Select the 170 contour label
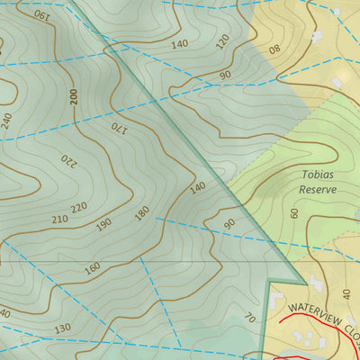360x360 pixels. point(119,129)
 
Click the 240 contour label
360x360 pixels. point(7,121)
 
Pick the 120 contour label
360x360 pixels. point(223,40)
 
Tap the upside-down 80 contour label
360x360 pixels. point(274,48)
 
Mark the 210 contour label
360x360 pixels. point(59,219)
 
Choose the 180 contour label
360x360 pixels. point(141,214)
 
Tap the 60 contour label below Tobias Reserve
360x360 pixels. point(294,212)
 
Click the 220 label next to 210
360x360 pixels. point(79,208)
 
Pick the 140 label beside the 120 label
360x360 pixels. point(179,43)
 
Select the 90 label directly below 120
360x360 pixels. point(225,75)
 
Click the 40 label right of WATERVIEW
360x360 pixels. point(347,295)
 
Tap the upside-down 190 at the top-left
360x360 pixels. point(41,14)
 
